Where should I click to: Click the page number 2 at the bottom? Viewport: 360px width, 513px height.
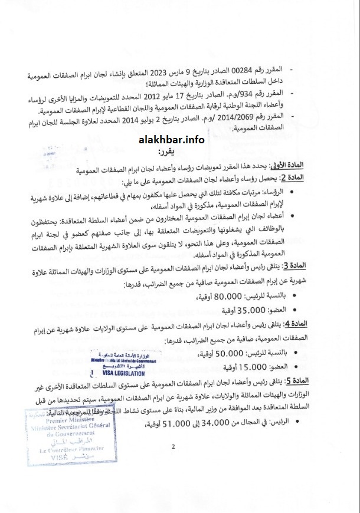click(x=174, y=446)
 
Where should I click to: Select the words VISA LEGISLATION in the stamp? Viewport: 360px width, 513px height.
click(x=116, y=372)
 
